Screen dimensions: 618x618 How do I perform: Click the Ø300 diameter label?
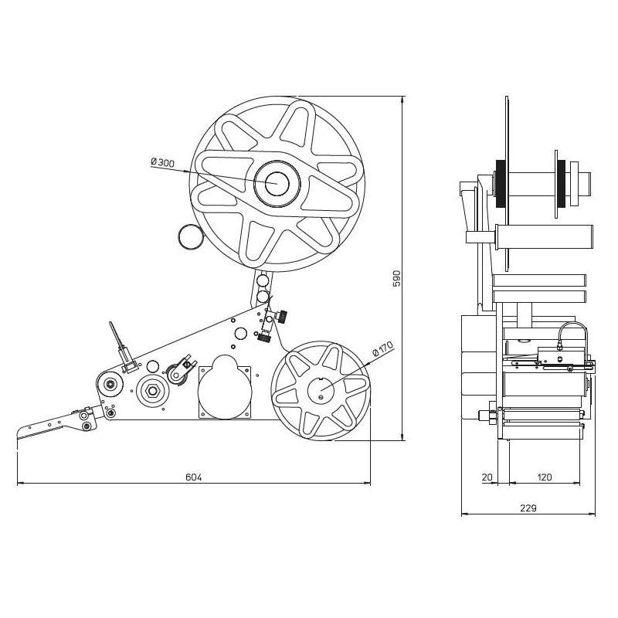(x=162, y=162)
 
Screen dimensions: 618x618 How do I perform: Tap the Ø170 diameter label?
(x=382, y=348)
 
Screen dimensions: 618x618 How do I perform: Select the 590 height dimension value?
(x=396, y=278)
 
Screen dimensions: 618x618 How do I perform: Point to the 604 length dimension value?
(x=194, y=477)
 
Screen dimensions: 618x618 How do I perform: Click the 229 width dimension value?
(x=528, y=508)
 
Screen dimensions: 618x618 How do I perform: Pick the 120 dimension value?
(x=545, y=477)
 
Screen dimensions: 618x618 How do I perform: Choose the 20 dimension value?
(x=487, y=477)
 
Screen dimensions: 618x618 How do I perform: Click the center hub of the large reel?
(x=277, y=184)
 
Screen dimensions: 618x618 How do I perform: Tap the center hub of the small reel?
(x=321, y=391)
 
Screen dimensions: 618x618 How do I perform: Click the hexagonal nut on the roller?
(x=152, y=391)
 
